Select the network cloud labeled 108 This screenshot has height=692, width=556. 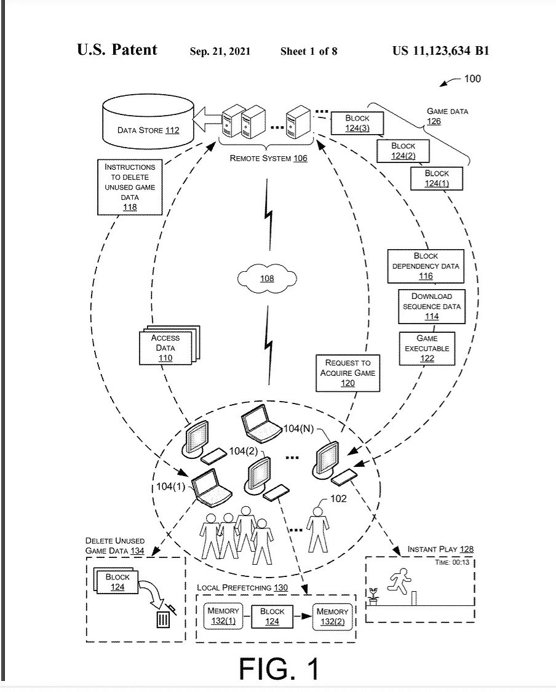(267, 279)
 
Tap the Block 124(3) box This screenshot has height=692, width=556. (357, 123)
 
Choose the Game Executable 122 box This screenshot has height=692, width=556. (427, 348)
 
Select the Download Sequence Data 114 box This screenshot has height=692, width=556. (431, 306)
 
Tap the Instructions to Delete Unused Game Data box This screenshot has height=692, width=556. (130, 187)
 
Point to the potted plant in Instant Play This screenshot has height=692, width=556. (373, 595)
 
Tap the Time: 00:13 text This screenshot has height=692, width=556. (454, 562)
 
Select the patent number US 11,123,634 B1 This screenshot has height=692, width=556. (440, 51)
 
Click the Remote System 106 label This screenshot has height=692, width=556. (269, 158)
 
